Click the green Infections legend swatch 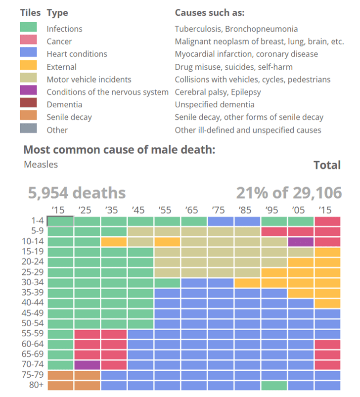click(28, 29)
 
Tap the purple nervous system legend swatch click(28, 92)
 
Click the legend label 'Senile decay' click(69, 117)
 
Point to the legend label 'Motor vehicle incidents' click(89, 79)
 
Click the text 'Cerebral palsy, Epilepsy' click(218, 92)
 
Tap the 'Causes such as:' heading click(210, 13)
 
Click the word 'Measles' click(41, 165)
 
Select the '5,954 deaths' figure click(77, 192)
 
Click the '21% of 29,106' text click(289, 192)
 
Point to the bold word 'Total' click(327, 165)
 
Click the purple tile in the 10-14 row click(301, 242)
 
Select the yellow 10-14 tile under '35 click(114, 242)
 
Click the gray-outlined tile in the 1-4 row click(61, 221)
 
